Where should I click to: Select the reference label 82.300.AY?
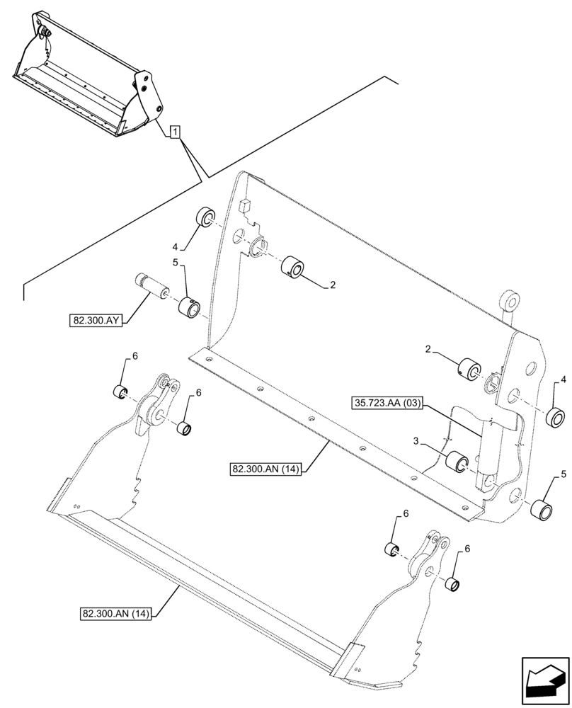coord(97,321)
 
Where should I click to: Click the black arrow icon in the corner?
coord(543,680)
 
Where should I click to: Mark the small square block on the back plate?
coord(246,205)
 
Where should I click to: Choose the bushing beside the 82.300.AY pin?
coord(190,307)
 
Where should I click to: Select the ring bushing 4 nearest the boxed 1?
coord(206,217)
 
